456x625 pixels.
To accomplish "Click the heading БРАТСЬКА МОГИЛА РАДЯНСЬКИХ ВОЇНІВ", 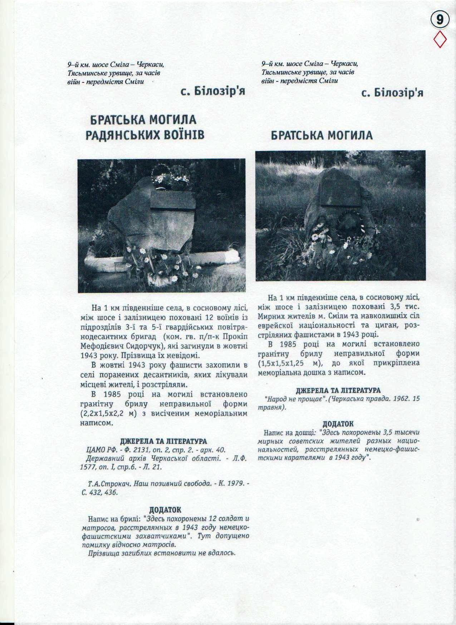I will (144, 127).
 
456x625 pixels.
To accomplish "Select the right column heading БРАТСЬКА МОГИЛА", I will (322, 135).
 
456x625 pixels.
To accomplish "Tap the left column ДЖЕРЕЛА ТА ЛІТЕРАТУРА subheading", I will (163, 441).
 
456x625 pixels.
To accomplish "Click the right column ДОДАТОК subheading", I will (338, 424).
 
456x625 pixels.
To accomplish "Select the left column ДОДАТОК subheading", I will (165, 509).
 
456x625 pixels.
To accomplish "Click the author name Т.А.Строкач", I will (107, 484).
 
